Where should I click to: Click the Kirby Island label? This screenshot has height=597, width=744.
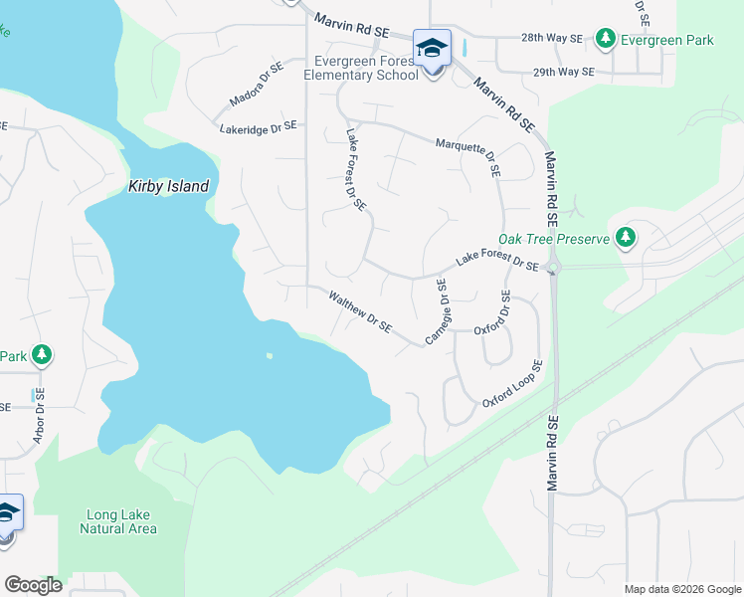[x=169, y=186]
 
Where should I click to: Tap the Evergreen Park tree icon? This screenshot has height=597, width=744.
[x=605, y=38]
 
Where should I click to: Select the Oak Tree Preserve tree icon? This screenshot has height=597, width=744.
[x=626, y=237]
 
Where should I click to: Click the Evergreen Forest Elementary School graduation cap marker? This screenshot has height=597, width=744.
[x=433, y=48]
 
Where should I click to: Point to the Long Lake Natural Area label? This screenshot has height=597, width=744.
[x=118, y=521]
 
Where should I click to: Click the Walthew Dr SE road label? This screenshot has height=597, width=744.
[x=360, y=310]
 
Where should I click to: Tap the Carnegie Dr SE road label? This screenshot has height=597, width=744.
[x=439, y=312]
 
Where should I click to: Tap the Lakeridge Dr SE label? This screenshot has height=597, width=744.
[x=259, y=127]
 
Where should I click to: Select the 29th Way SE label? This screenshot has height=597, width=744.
[x=563, y=73]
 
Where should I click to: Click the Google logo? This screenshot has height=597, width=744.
[x=32, y=585]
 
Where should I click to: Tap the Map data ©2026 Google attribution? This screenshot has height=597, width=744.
[x=681, y=589]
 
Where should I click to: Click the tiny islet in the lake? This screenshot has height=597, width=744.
[x=269, y=356]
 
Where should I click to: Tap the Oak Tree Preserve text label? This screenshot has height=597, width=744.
[x=553, y=239]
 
